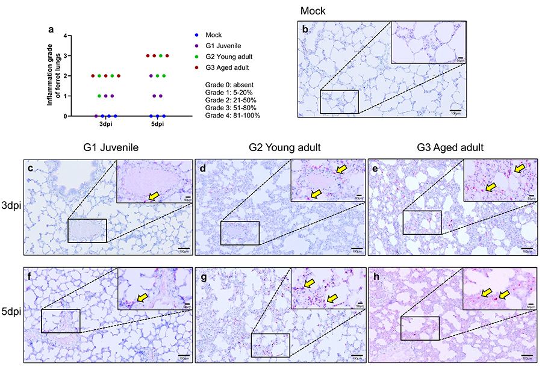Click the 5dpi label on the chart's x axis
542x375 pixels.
tap(158, 125)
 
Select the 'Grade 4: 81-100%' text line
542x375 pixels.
tap(232, 115)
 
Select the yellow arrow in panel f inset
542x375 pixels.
tap(144, 297)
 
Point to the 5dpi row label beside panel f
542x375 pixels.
tap(11, 311)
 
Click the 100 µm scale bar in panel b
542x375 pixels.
tap(455, 110)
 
